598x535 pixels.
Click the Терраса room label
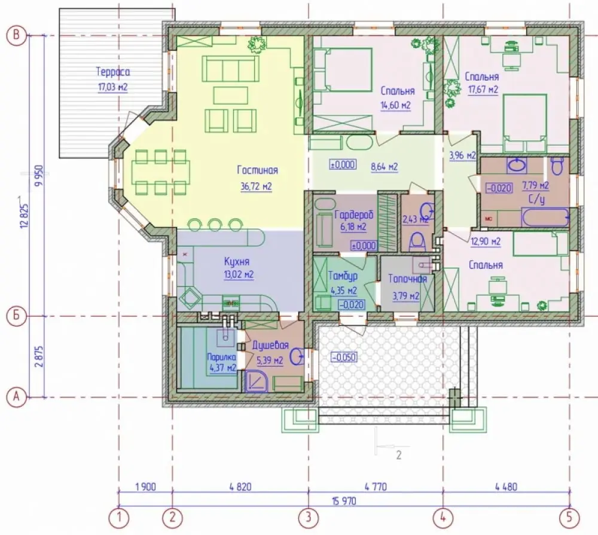113,72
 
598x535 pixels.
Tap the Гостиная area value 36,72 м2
257,187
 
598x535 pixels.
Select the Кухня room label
237,262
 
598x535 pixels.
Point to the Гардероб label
353,215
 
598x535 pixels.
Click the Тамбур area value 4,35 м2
344,291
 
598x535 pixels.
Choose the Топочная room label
407,279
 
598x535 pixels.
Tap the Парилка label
222,357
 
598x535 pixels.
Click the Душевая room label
270,346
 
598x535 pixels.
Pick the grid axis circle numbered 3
308,518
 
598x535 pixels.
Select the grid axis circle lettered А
17,397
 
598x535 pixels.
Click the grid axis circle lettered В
17,35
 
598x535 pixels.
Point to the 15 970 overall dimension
344,501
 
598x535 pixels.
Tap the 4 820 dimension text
240,487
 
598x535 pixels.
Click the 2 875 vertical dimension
38,356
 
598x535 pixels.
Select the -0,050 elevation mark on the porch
344,357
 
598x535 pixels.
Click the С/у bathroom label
537,200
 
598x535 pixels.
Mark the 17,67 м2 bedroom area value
483,90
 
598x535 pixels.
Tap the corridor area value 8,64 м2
384,167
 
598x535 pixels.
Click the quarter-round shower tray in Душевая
257,381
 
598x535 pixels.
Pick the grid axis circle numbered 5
569,518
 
